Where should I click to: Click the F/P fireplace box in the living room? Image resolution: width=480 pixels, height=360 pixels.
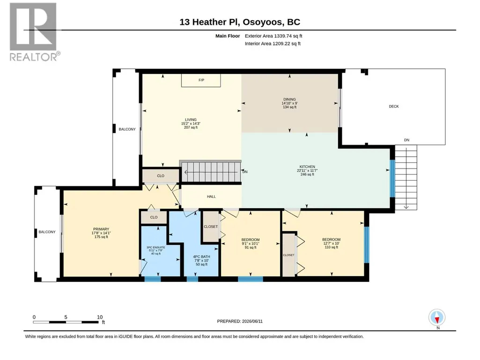(x=201, y=80)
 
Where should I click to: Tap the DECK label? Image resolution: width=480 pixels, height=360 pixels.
(x=394, y=107)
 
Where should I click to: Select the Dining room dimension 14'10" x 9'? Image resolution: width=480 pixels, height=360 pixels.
(x=289, y=103)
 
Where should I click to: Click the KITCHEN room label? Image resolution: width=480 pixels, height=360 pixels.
(x=307, y=167)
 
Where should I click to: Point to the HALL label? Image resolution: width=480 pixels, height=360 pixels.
(x=211, y=197)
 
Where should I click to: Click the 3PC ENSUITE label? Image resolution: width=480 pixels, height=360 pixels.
(x=156, y=247)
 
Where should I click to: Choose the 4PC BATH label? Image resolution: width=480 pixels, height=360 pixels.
(x=201, y=257)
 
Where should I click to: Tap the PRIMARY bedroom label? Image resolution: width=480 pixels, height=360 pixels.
(x=101, y=229)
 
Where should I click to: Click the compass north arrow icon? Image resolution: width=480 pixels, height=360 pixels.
(x=437, y=317)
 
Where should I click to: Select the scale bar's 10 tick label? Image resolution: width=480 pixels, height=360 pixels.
(x=100, y=317)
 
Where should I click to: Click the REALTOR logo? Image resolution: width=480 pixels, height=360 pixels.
(x=33, y=32)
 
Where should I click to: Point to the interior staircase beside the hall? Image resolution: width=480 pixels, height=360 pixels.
(x=211, y=172)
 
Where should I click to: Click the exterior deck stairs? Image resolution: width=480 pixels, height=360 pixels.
(x=406, y=177)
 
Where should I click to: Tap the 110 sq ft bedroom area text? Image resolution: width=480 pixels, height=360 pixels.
(x=331, y=247)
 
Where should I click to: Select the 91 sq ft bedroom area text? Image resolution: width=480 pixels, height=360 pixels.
(x=251, y=248)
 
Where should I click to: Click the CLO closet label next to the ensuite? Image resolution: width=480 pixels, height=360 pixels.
(x=154, y=217)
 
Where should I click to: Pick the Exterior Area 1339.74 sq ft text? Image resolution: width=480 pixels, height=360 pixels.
(x=273, y=36)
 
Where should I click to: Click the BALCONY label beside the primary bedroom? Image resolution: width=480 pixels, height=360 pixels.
(x=47, y=232)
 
